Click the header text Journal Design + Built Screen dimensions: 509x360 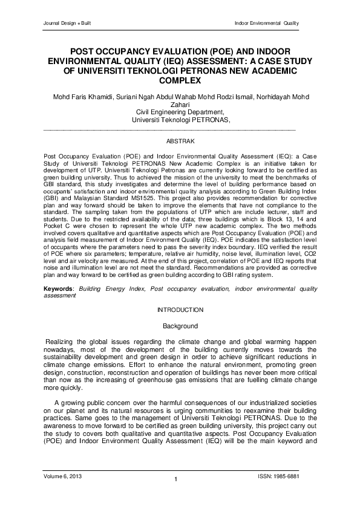65,23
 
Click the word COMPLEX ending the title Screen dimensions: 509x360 180,80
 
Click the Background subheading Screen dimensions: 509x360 180,326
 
